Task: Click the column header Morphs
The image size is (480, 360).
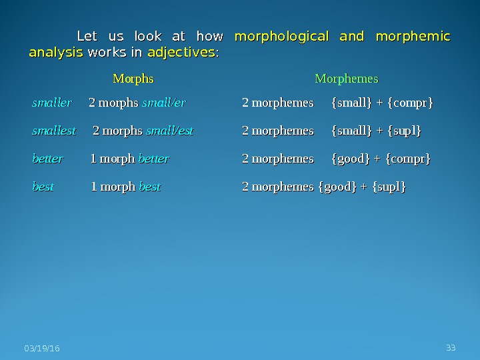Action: coord(133,79)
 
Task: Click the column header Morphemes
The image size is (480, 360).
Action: coord(346,79)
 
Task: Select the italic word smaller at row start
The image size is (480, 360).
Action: coord(52,103)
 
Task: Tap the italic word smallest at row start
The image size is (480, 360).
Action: coord(54,131)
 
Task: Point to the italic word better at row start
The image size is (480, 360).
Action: coord(48,159)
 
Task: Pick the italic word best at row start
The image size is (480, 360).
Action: coord(43,187)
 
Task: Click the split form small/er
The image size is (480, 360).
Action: coord(164,103)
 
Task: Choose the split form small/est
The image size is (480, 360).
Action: coord(169,131)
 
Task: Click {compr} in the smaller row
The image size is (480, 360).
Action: coord(410,103)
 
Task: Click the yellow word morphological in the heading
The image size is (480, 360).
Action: coord(281,36)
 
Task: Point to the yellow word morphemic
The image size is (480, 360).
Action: coord(413,36)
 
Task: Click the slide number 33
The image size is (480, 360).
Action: coord(451,348)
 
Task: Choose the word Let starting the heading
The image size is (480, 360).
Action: coord(88,36)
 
